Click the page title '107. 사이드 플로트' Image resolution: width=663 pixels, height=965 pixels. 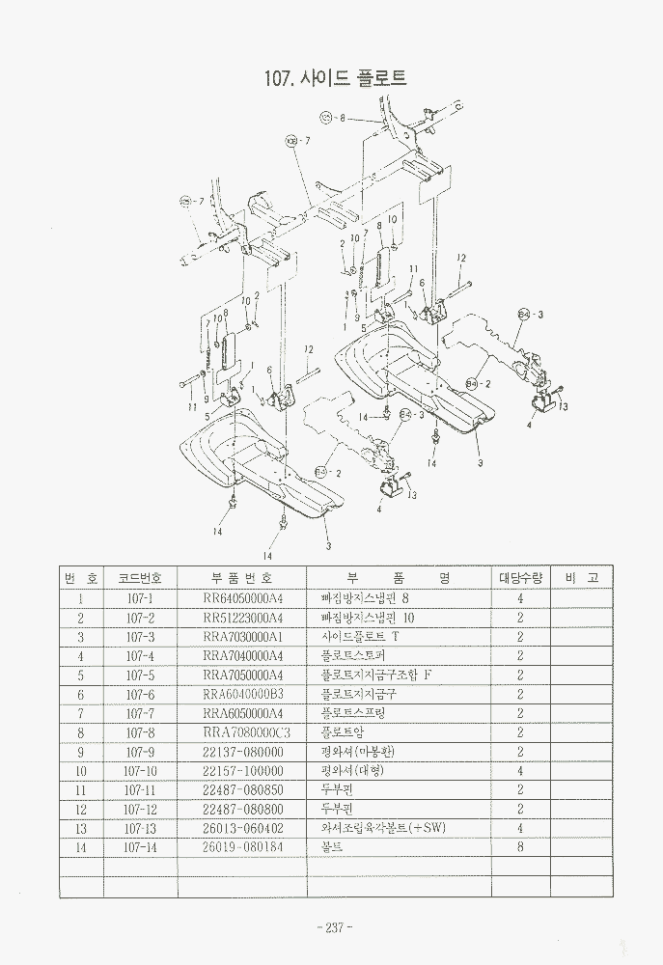335,78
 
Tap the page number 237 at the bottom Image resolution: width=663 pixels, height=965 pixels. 332,927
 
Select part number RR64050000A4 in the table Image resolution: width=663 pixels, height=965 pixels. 243,598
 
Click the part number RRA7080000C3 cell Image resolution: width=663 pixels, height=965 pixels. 247,732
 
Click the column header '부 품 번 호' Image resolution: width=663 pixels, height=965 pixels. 241,578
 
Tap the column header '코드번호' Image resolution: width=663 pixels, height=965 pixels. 140,578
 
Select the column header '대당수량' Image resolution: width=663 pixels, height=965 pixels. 520,578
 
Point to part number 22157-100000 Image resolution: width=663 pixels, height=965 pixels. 243,771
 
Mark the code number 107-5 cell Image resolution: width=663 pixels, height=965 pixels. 140,675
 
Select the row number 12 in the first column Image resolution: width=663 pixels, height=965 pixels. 81,809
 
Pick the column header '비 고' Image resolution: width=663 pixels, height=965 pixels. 581,578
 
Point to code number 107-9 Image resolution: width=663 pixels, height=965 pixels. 140,752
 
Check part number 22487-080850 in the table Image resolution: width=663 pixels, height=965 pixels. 243,789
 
